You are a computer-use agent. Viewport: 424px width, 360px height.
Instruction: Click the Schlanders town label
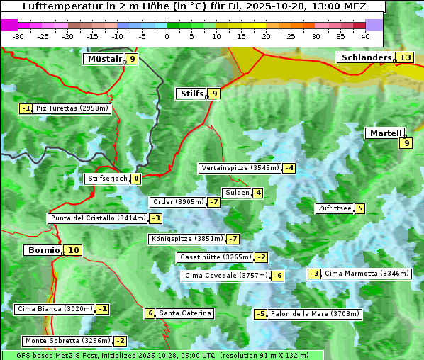366,57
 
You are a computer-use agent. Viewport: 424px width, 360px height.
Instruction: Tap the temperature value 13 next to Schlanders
405,58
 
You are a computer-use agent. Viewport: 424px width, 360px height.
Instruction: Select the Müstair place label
104,59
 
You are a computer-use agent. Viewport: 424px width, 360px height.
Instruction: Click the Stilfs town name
191,94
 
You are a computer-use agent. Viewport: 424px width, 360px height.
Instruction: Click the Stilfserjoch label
107,179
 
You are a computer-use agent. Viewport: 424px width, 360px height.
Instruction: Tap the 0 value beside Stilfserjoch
135,179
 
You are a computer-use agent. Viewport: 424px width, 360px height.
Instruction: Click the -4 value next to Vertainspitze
289,168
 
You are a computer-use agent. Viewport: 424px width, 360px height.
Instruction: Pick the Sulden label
237,193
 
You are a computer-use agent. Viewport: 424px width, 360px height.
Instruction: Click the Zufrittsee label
334,208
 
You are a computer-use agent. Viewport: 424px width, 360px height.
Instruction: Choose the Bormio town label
43,250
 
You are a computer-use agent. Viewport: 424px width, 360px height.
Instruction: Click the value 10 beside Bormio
74,250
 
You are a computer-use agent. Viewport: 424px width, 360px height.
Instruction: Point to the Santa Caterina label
185,313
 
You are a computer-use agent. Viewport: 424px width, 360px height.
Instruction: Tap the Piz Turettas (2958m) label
73,108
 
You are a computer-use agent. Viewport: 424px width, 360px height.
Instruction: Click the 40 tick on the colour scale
365,35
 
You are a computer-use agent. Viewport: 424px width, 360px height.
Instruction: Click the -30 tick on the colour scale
18,35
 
